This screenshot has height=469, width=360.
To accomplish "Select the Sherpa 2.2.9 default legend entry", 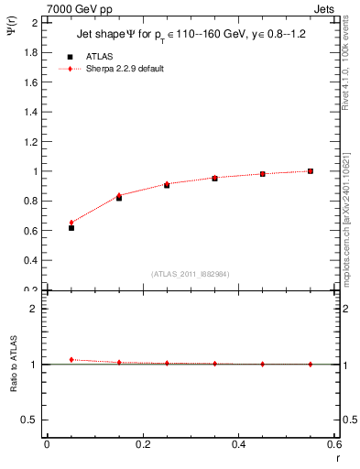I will [x=125, y=69].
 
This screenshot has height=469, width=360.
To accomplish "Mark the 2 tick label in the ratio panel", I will [x=34, y=309].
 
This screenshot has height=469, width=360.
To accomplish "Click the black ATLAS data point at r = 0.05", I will [x=71, y=227].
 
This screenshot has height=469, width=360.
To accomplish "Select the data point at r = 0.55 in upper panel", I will [x=311, y=170].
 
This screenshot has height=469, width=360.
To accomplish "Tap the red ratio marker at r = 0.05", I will [x=71, y=359].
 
